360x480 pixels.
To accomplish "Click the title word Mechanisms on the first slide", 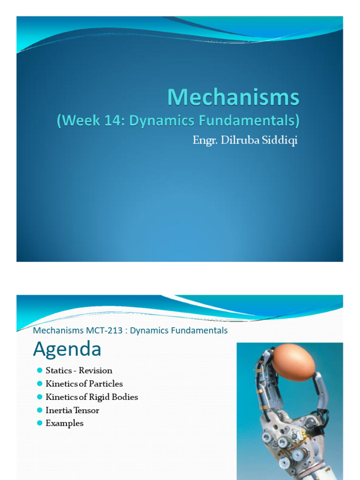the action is point(233,97).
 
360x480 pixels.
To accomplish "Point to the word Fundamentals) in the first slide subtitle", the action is point(249,120).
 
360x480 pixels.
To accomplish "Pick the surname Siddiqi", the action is point(280,140).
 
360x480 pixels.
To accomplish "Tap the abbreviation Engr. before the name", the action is point(205,141).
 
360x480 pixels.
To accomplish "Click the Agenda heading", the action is point(67,349).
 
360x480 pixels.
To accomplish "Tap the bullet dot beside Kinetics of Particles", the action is point(39,383).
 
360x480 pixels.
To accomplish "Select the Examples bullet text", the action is point(65,423).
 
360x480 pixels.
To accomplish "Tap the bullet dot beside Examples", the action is point(39,423).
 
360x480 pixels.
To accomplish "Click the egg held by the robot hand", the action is point(293,362).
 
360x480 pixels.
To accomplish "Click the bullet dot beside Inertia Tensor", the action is point(39,410).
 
